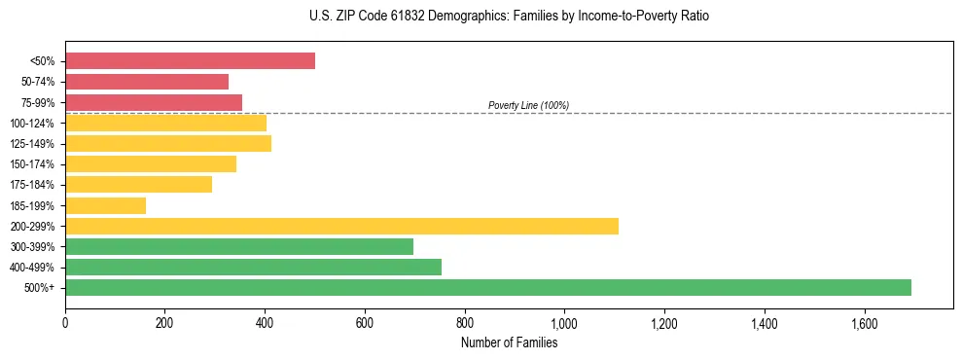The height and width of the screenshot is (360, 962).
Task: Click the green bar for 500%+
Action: (488, 287)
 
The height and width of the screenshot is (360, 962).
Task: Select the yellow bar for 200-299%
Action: (341, 226)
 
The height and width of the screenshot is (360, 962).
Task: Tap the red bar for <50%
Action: (190, 60)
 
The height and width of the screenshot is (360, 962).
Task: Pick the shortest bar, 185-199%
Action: (105, 205)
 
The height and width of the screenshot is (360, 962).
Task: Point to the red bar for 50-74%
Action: (147, 82)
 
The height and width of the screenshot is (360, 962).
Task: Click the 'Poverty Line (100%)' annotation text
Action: (528, 105)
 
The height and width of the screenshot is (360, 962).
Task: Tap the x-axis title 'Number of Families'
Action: (509, 342)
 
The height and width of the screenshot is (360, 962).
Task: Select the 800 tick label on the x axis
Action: (465, 323)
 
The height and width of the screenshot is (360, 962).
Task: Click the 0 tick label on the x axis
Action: (65, 323)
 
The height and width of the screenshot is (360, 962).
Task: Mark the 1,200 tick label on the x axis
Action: (664, 323)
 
